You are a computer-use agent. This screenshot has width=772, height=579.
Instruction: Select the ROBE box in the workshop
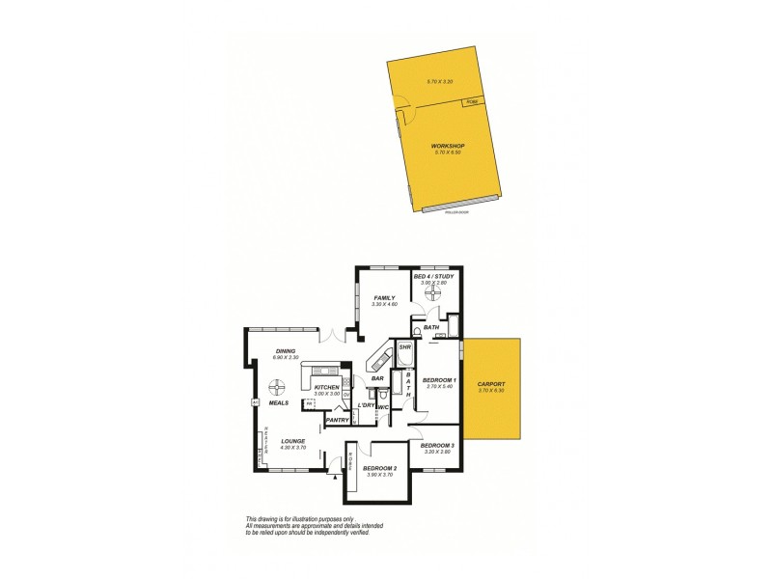click(x=472, y=101)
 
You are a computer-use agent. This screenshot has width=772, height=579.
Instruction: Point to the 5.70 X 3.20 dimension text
click(x=440, y=81)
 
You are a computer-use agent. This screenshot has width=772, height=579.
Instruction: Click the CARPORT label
click(x=491, y=383)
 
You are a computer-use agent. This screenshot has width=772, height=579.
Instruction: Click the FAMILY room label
click(x=385, y=298)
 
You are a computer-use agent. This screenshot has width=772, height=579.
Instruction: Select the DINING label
click(x=286, y=351)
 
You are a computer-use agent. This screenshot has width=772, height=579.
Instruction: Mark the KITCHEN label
click(x=327, y=388)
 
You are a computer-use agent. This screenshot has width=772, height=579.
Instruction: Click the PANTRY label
click(x=337, y=420)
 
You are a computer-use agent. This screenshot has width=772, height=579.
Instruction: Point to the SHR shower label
click(x=405, y=347)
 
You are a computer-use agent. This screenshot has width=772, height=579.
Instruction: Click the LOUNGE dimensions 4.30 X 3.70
click(x=292, y=448)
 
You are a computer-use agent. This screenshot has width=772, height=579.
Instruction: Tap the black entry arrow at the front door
click(x=334, y=476)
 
